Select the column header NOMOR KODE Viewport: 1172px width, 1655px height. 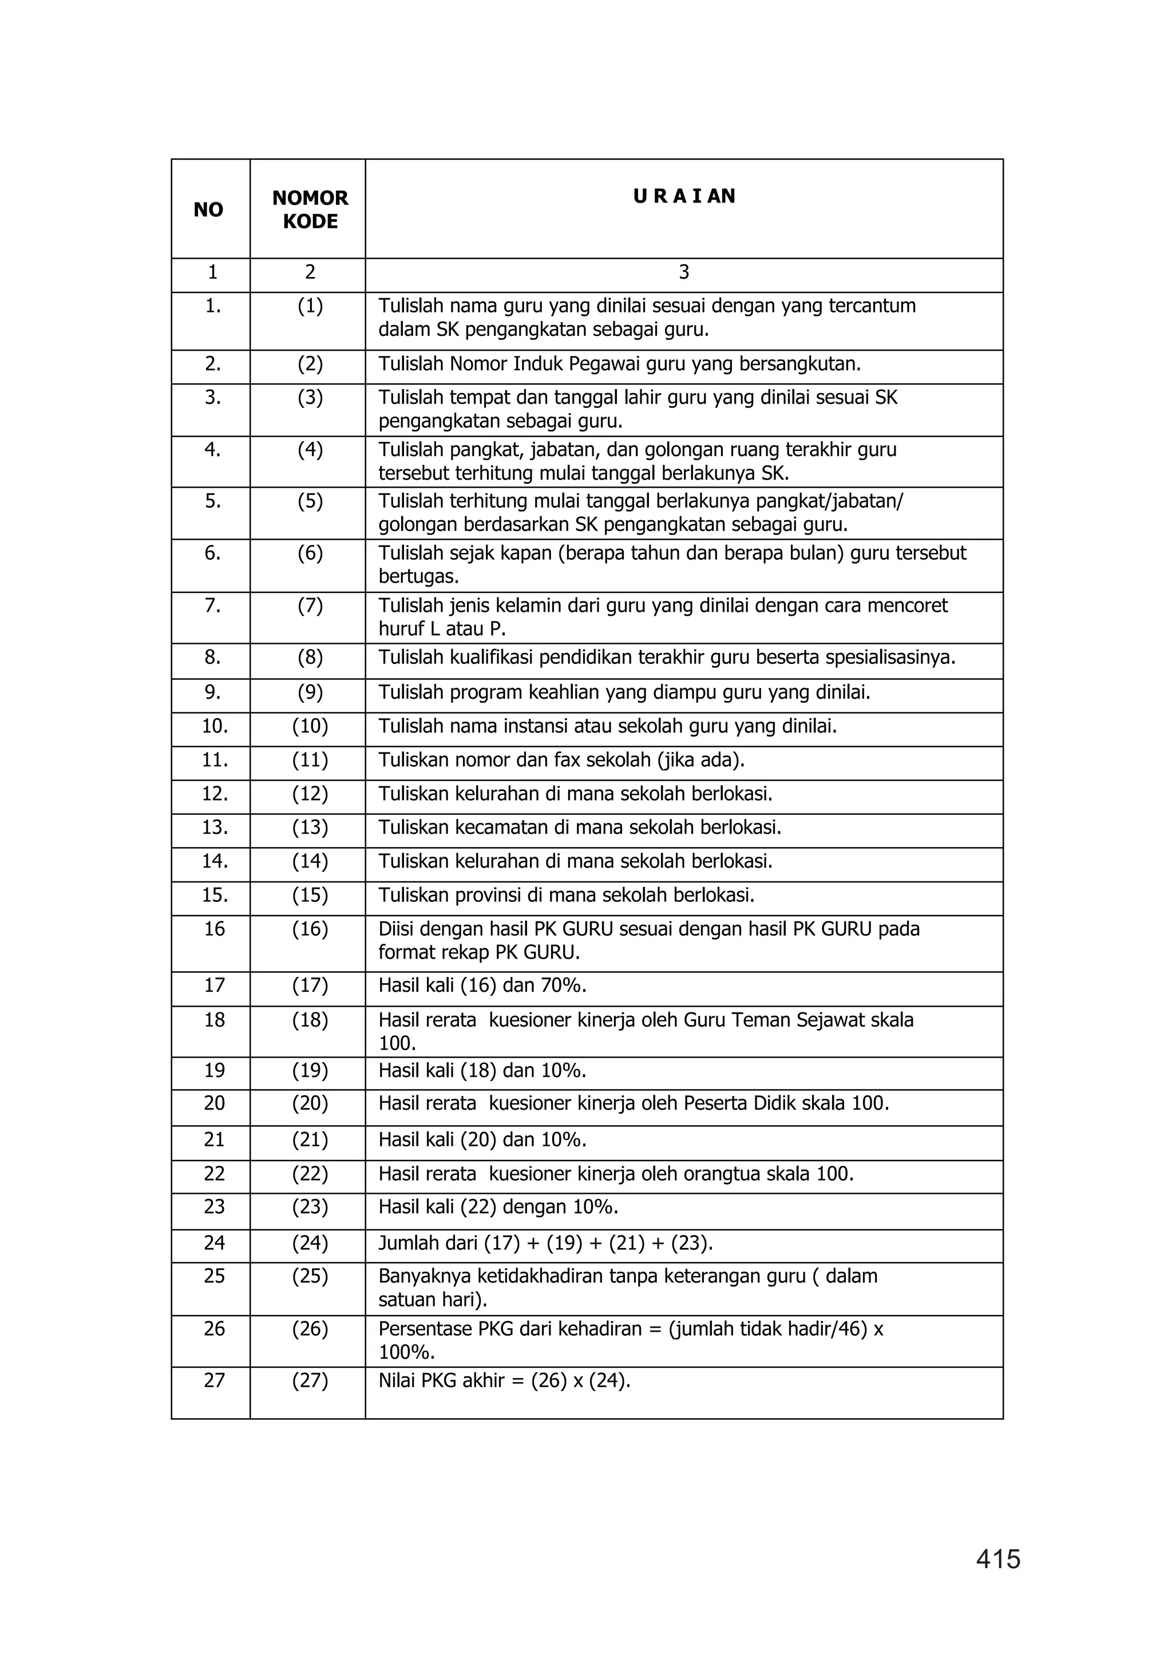[x=310, y=209]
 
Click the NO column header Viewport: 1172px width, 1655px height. [x=208, y=210]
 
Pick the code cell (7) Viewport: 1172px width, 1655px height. [x=310, y=605]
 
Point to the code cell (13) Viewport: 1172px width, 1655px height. [x=310, y=827]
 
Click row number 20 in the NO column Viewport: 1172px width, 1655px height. [x=215, y=1103]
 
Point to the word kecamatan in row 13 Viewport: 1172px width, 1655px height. [x=500, y=827]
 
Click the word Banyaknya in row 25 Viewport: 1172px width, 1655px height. [x=425, y=1276]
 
